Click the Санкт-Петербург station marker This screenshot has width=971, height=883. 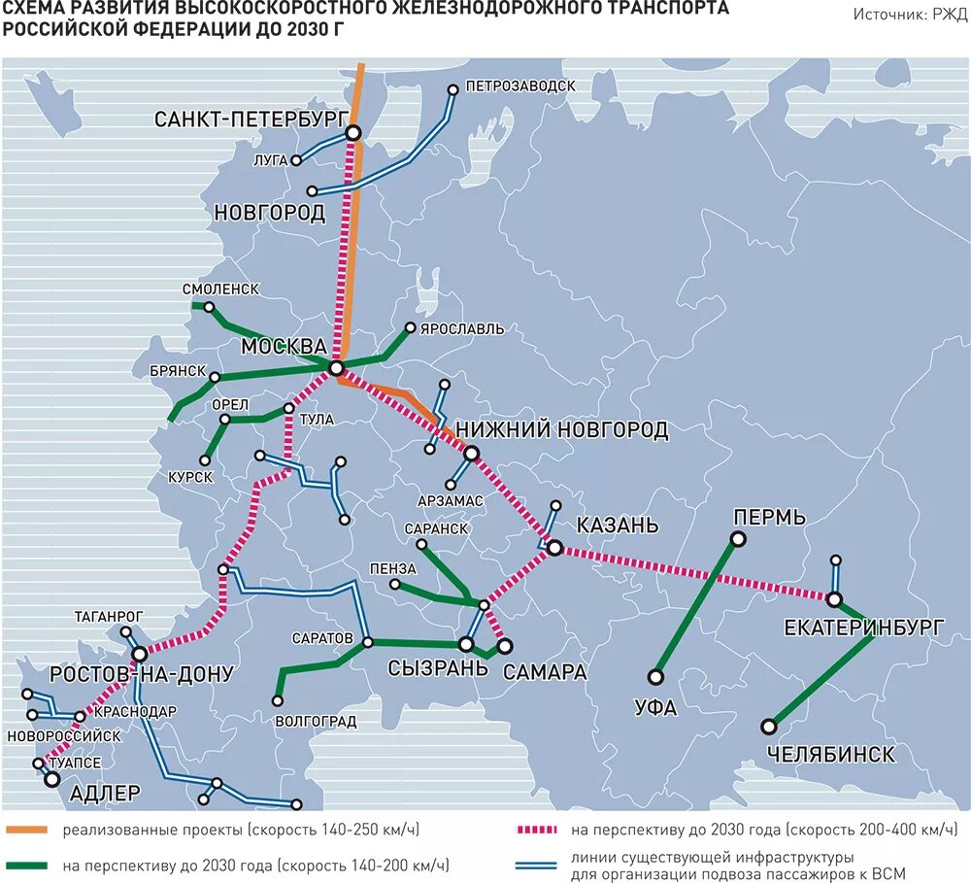pos(354,133)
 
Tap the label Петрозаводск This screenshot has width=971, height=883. pos(520,85)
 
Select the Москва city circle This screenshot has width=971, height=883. pos(336,368)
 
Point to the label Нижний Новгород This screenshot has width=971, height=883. pos(561,429)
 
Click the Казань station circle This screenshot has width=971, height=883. pos(554,549)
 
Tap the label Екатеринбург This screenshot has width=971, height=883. pos(862,628)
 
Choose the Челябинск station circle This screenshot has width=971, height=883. pos(770,726)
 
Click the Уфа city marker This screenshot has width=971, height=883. pos(656,677)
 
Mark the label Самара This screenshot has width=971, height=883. pos(545,671)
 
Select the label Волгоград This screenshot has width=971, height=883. pos(316,722)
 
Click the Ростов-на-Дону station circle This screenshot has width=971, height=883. pos(140,654)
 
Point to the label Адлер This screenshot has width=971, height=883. pos(105,793)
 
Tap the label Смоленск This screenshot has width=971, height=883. pos(220,289)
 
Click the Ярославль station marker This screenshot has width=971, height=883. pos(411,328)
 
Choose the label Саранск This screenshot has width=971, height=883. pos(435,528)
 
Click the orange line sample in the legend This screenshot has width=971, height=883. pos(28,831)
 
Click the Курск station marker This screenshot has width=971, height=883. pos(205,460)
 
